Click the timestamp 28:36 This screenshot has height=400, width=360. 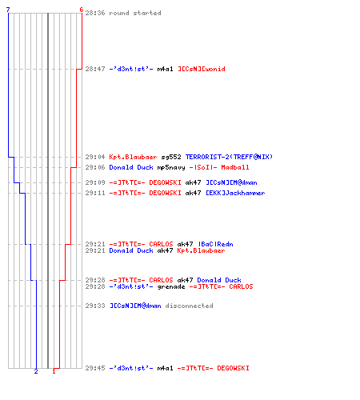(x=95, y=13)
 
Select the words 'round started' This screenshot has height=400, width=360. (x=135, y=13)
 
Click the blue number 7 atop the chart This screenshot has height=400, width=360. (x=8, y=10)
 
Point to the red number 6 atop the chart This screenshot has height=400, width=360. (x=82, y=10)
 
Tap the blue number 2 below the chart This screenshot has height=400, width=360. (x=36, y=371)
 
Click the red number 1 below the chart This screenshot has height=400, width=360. (x=54, y=371)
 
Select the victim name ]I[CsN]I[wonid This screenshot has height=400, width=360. (x=202, y=69)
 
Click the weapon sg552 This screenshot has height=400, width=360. (x=171, y=157)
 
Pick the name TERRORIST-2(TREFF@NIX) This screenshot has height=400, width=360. (x=229, y=157)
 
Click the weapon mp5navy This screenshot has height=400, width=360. (x=171, y=167)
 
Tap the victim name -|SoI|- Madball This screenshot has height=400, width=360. (x=219, y=167)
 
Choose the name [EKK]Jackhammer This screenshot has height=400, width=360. (x=235, y=193)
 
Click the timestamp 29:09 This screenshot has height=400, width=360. (x=95, y=182)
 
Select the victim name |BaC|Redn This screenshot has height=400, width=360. (x=215, y=244)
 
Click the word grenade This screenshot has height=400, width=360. (x=171, y=286)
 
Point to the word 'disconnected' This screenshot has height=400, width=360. (x=189, y=306)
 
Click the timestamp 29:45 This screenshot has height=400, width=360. (x=95, y=368)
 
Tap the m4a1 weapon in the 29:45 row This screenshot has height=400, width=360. (x=165, y=368)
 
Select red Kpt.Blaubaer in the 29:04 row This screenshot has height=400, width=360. (x=133, y=157)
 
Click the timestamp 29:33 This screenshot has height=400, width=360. (x=95, y=306)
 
